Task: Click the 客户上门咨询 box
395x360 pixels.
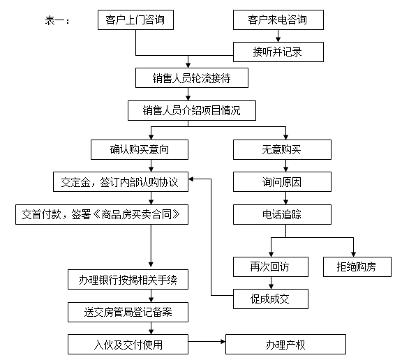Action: click(135, 20)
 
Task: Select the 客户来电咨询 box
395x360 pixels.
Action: click(278, 20)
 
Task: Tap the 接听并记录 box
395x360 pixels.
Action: click(278, 52)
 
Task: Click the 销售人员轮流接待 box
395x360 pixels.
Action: click(191, 78)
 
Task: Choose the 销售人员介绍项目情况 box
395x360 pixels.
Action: click(191, 111)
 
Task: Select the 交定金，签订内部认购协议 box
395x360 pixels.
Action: click(121, 183)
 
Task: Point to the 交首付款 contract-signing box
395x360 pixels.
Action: click(102, 214)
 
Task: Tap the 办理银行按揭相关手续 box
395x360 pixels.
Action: click(128, 280)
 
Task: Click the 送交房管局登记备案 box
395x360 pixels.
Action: click(128, 313)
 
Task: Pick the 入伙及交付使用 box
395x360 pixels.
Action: click(128, 344)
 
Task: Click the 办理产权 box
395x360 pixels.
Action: click(285, 344)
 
